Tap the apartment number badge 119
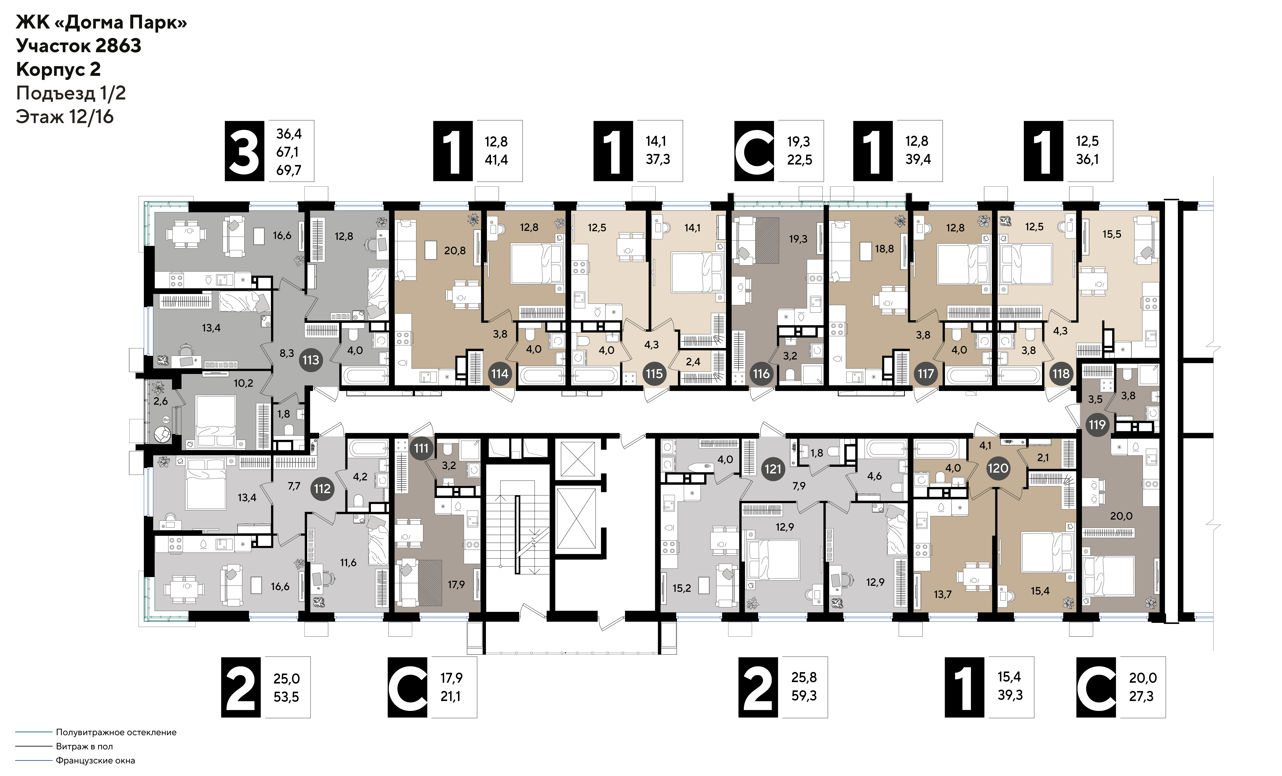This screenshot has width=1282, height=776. (x=1097, y=424)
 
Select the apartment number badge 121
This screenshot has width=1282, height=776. (x=773, y=469)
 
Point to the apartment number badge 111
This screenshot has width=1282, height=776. (x=421, y=448)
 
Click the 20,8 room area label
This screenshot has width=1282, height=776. (x=455, y=251)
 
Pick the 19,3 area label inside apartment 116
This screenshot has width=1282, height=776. (x=798, y=239)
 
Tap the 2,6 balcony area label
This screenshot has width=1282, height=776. (x=161, y=401)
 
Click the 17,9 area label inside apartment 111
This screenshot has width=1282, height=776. (x=456, y=585)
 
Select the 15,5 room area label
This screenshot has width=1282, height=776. (x=1112, y=234)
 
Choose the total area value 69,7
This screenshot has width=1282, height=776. (x=289, y=170)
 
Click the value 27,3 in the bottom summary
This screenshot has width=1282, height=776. (x=1141, y=696)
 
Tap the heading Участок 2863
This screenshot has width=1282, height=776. (x=79, y=46)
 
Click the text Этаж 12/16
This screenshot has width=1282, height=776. (x=64, y=116)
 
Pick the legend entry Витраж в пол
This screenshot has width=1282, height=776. (x=84, y=746)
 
